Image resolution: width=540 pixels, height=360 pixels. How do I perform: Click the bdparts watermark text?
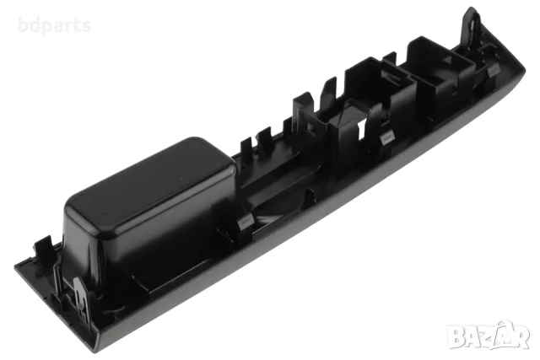coord(54,26)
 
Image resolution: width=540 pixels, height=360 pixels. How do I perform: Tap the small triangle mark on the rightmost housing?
coord(448,59)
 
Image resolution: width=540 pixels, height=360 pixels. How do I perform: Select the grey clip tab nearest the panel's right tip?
coord(493,69)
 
